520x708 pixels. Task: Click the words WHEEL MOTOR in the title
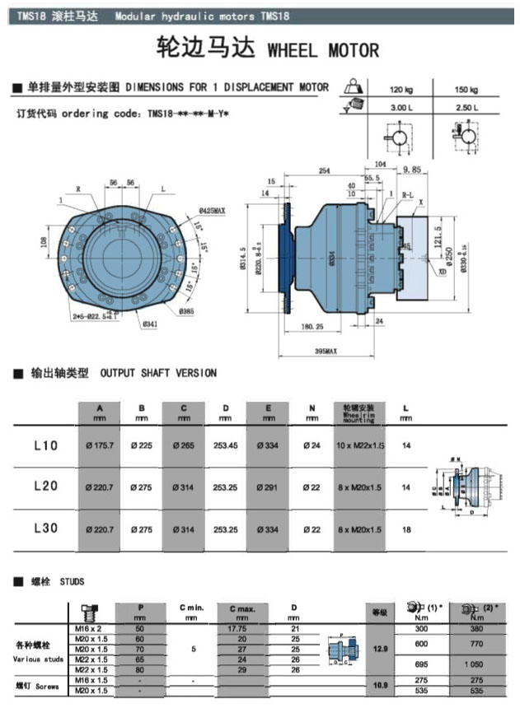[x=324, y=50]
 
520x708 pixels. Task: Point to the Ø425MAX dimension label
[x=211, y=211]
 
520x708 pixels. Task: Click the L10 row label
[x=45, y=445]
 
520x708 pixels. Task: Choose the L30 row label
[x=45, y=528]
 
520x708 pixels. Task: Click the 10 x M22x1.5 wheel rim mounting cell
[x=358, y=446]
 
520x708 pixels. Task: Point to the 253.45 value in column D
[x=224, y=446]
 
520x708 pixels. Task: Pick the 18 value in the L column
[x=405, y=529]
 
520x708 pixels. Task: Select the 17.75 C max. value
[x=241, y=628]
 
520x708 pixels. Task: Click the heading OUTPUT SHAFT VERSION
[x=158, y=373]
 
